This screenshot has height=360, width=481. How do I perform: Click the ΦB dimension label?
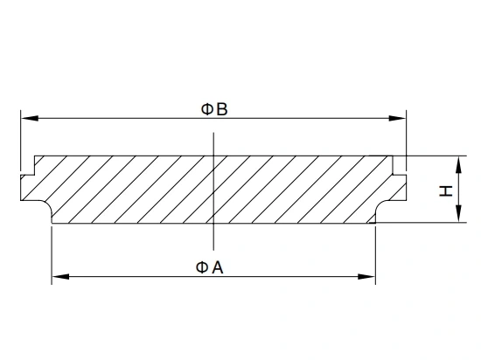[214, 109]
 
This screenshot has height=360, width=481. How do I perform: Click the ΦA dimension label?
[210, 267]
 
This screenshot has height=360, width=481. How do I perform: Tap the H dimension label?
[446, 190]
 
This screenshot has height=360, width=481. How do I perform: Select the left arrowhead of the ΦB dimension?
[30, 118]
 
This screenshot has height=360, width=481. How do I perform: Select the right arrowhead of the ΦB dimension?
[397, 118]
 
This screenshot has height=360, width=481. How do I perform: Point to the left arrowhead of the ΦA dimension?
[60, 277]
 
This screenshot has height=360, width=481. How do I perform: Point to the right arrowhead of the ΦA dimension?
[366, 277]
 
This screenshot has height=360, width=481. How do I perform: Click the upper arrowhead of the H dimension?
[458, 164]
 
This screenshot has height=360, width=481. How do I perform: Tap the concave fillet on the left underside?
[47, 204]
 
